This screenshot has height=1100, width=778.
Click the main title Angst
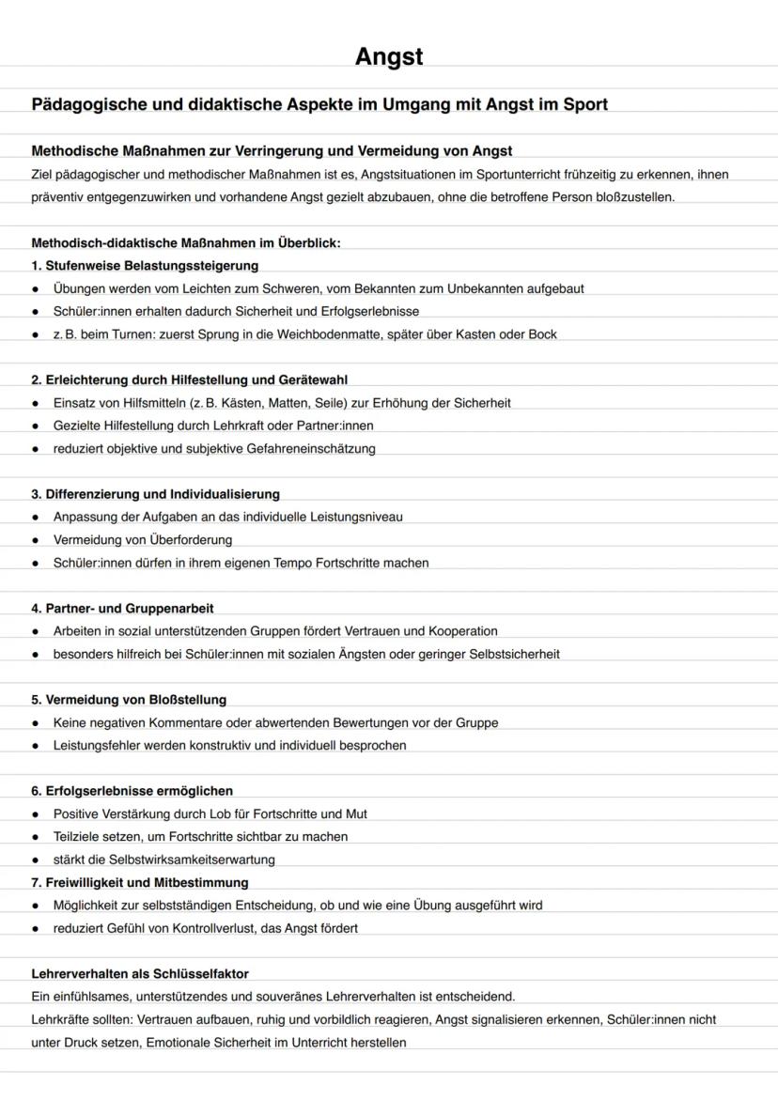click(x=389, y=57)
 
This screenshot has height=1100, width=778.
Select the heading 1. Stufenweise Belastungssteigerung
click(x=145, y=265)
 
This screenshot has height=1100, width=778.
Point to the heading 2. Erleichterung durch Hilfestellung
click(x=189, y=380)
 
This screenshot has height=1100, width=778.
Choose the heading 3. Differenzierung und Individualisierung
click(x=155, y=493)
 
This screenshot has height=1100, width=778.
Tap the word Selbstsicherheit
click(x=514, y=654)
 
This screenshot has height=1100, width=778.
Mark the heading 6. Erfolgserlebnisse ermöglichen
click(x=132, y=790)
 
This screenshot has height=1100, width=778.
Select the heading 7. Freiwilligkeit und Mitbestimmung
click(x=140, y=882)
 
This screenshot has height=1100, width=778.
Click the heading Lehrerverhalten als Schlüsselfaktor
click(x=140, y=973)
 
